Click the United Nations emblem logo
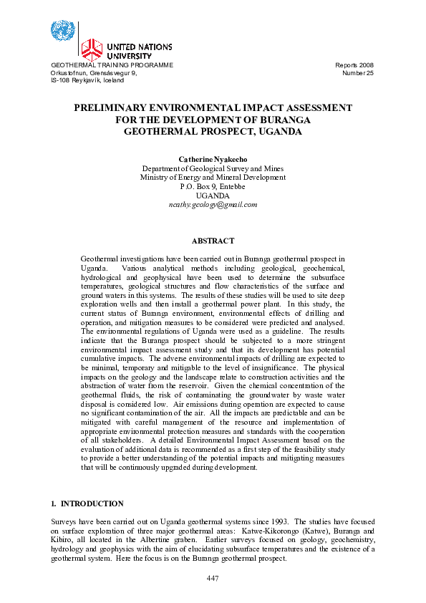click(62, 32)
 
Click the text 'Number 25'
click(358, 73)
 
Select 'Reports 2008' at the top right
click(354, 65)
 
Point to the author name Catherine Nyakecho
click(213, 158)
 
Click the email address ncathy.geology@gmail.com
click(213, 205)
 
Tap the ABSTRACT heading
click(213, 242)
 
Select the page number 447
click(213, 577)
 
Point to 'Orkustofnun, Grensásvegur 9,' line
click(94, 73)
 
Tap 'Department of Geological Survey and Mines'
click(213, 168)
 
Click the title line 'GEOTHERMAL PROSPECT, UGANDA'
click(213, 132)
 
